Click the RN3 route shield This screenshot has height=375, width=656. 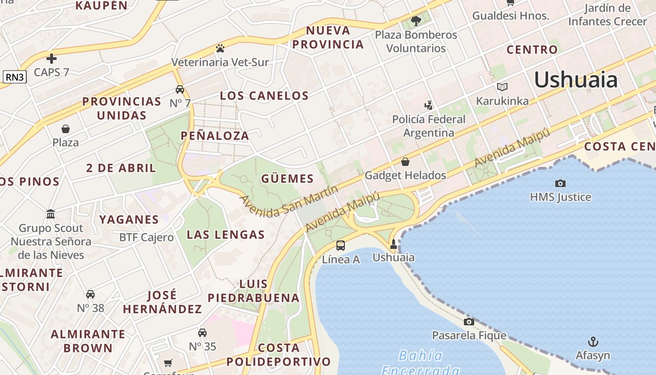[15, 77]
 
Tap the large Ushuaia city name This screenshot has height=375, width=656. [576, 80]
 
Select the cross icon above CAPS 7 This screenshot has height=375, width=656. [52, 59]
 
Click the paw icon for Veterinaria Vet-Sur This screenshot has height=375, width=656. [220, 48]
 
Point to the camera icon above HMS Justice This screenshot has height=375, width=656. [560, 183]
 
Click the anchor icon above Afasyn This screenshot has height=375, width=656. [593, 341]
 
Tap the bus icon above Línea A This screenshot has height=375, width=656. [341, 245]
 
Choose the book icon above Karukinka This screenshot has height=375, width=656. [502, 87]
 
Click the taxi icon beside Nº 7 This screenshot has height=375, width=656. [180, 89]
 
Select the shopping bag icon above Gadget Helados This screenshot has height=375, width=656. [405, 162]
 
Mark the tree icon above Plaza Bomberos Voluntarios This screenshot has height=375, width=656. [416, 21]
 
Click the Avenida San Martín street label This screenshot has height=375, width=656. [289, 201]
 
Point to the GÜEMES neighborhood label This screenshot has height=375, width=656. [287, 179]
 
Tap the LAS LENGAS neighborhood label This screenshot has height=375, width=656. [226, 235]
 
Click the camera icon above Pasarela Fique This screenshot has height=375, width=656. [469, 322]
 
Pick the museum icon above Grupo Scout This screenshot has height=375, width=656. [51, 214]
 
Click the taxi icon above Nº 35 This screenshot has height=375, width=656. [202, 332]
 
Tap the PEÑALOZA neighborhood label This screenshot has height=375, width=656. [215, 136]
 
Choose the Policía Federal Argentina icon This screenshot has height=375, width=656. [428, 105]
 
